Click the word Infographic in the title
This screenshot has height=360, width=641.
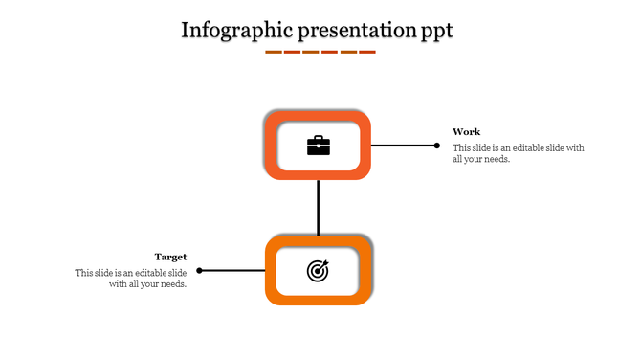coord(235,31)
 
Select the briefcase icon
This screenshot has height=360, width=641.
coord(319,146)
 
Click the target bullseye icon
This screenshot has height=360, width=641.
coord(318,271)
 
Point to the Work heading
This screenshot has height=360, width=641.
coord(467,131)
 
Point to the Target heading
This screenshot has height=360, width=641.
coord(170,257)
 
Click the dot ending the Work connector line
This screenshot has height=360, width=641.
coord(437,146)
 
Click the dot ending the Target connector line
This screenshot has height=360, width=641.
coord(199,271)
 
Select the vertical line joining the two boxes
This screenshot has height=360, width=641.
coord(318,207)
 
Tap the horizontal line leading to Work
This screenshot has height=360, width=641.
coord(403,146)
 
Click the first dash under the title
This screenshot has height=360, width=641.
coord(274,52)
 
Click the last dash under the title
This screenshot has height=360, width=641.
coord(367,52)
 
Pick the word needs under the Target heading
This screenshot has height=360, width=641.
coord(173,283)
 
